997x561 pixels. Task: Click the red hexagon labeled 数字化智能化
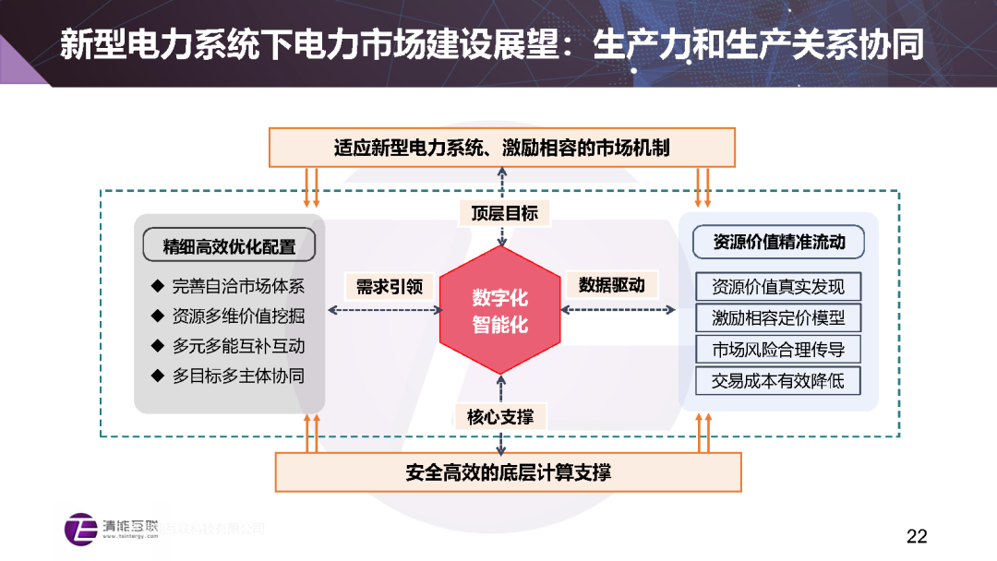click(499, 312)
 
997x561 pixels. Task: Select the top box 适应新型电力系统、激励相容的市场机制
click(501, 148)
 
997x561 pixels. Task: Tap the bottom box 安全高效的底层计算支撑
click(508, 472)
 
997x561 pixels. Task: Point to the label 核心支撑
click(500, 416)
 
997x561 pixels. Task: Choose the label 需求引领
click(390, 286)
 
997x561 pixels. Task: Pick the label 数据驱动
click(611, 284)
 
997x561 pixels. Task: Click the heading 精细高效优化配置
click(229, 246)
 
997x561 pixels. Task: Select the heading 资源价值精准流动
click(779, 243)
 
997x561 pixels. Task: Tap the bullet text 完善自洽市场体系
click(237, 286)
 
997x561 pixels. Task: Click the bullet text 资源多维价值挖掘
click(237, 316)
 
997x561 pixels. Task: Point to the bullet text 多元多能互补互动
click(237, 346)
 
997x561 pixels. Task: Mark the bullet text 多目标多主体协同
click(237, 376)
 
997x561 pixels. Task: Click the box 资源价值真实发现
click(777, 287)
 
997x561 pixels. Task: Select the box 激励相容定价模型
click(777, 318)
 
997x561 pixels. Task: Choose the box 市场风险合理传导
click(777, 350)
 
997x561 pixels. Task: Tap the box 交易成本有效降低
click(777, 380)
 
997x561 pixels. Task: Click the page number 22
click(917, 536)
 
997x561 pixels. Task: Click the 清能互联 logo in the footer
click(111, 529)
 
